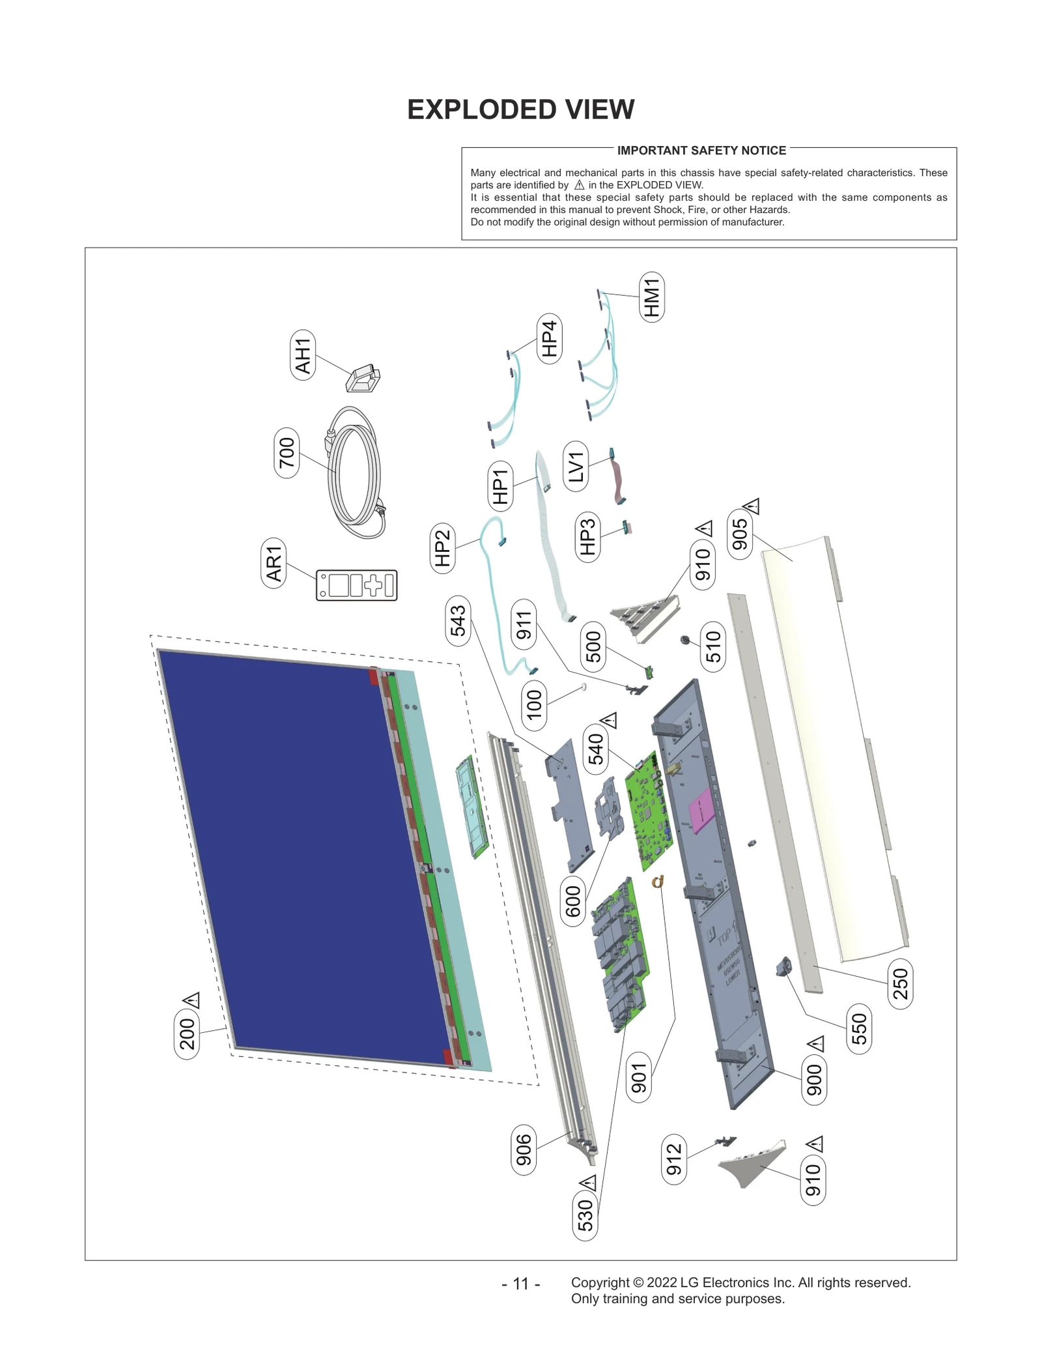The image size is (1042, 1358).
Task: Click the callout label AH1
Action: point(303,355)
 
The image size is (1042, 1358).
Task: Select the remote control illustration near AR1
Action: point(356,585)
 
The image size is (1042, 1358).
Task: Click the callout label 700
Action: point(287,453)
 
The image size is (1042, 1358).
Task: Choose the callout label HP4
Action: point(549,339)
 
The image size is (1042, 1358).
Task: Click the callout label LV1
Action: point(576,466)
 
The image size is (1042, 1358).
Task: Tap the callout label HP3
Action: point(587,536)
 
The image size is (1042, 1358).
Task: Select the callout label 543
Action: point(458,620)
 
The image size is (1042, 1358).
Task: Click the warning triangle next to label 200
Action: point(191,1000)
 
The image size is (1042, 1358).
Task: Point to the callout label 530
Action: point(585,1215)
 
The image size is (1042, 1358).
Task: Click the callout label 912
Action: point(674,1159)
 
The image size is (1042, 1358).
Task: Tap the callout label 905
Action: point(740,534)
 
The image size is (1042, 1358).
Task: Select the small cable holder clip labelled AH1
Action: point(363,379)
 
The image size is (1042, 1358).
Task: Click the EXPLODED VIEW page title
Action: point(520,109)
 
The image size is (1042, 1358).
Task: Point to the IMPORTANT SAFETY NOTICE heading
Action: point(701,151)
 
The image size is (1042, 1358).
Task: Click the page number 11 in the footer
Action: point(520,1284)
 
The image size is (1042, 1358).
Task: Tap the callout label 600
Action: point(572,901)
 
